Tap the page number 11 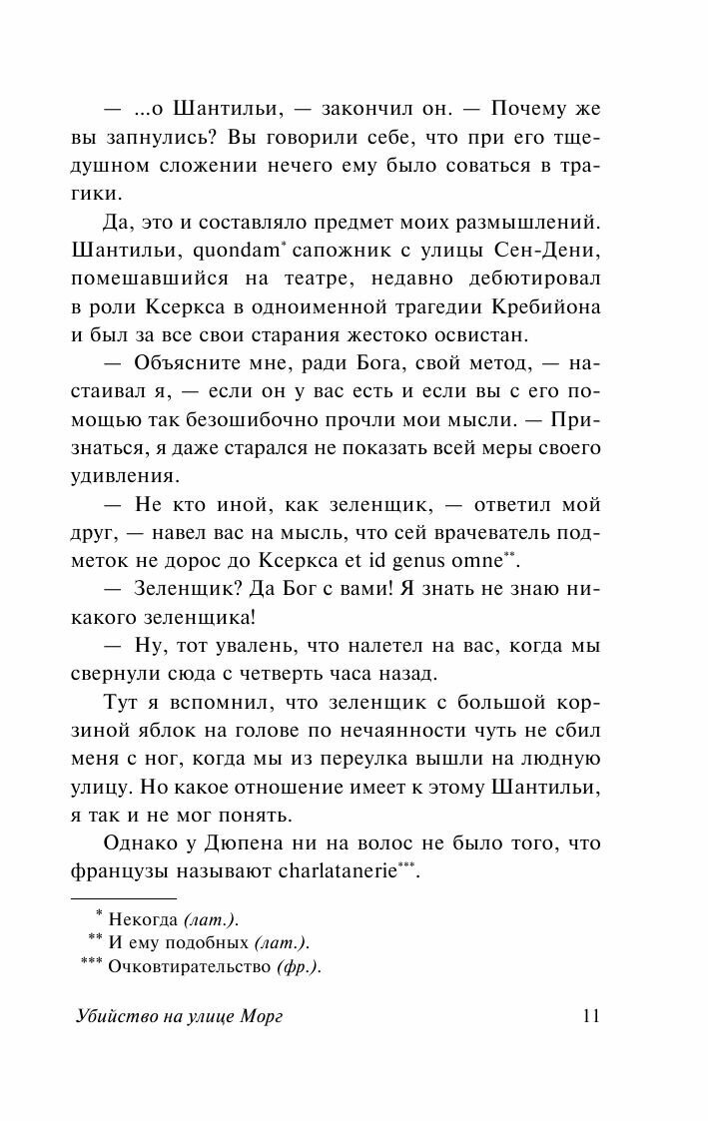[589, 1015]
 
